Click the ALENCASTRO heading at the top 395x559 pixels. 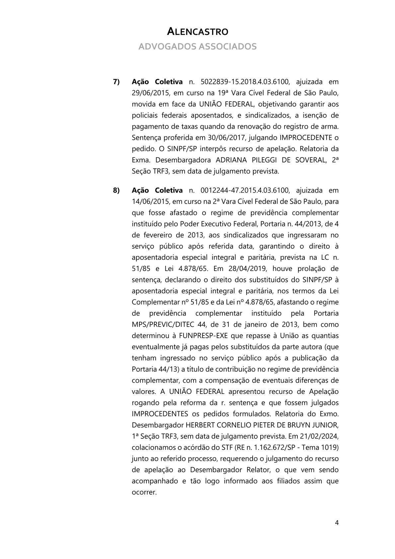click(197, 32)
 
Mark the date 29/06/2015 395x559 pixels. click(149, 93)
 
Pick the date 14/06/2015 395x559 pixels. click(149, 202)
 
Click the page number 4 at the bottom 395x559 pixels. click(337, 523)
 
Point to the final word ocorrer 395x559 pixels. click(144, 492)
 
